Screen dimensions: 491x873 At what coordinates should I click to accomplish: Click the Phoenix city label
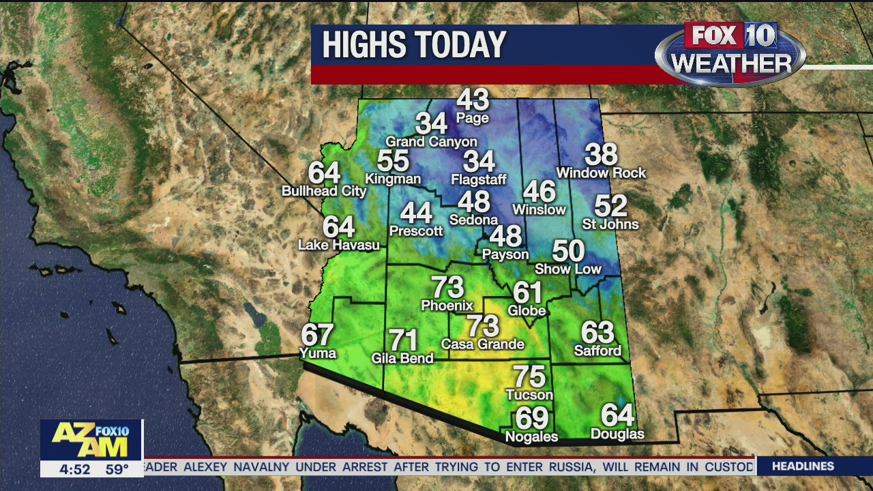(x=447, y=305)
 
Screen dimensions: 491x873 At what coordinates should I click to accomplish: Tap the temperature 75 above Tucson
(x=529, y=376)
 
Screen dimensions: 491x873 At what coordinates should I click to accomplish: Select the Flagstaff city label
(x=479, y=180)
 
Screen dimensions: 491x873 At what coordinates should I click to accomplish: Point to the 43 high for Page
(x=473, y=100)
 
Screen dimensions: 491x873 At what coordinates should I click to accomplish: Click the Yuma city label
(x=318, y=353)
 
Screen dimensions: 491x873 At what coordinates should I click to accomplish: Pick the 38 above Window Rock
(x=601, y=155)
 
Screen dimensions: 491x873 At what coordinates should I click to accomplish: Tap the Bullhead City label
(x=324, y=191)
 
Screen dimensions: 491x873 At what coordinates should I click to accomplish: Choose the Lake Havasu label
(x=339, y=245)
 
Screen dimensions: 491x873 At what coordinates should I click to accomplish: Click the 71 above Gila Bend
(x=403, y=340)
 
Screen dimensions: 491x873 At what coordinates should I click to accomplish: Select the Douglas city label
(x=617, y=434)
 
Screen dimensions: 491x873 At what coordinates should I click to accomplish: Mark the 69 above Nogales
(x=531, y=417)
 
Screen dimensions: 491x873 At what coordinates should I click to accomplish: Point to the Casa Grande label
(x=482, y=344)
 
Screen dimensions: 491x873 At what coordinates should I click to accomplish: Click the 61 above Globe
(x=527, y=293)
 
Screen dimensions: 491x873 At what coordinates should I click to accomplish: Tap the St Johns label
(x=610, y=224)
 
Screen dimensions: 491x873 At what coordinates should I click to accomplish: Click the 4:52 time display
(x=74, y=469)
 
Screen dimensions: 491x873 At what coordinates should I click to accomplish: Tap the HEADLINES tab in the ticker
(x=803, y=466)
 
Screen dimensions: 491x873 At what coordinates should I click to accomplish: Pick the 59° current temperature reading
(x=117, y=469)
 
